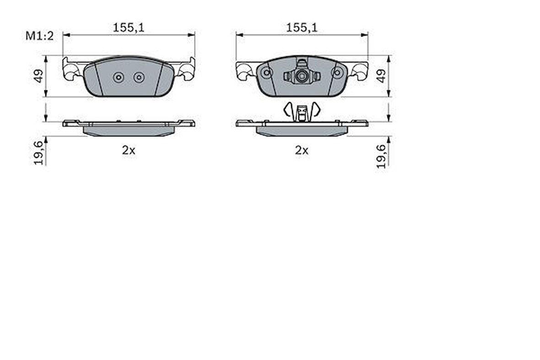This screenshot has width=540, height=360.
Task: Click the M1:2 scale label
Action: (40, 36)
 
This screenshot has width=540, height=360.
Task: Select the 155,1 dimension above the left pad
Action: (129, 27)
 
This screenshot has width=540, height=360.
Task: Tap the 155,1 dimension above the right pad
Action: (302, 27)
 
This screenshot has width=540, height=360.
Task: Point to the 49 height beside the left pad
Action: (38, 76)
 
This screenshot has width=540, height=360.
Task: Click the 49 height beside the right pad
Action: (382, 76)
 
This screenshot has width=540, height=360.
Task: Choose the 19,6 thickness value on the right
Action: (382, 156)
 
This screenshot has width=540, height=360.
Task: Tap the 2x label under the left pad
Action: (129, 150)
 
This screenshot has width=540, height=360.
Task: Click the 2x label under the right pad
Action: (302, 150)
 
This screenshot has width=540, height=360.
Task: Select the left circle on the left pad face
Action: (119, 77)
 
